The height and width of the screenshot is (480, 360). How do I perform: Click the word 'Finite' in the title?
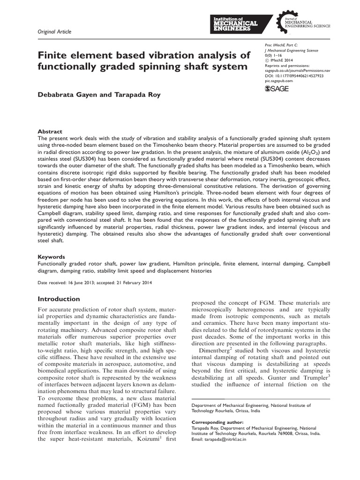52,56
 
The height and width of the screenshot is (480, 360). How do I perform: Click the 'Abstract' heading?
49,132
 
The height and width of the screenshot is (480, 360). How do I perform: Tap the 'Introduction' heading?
59,299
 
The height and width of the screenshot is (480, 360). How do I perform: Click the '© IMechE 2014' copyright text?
282,60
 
